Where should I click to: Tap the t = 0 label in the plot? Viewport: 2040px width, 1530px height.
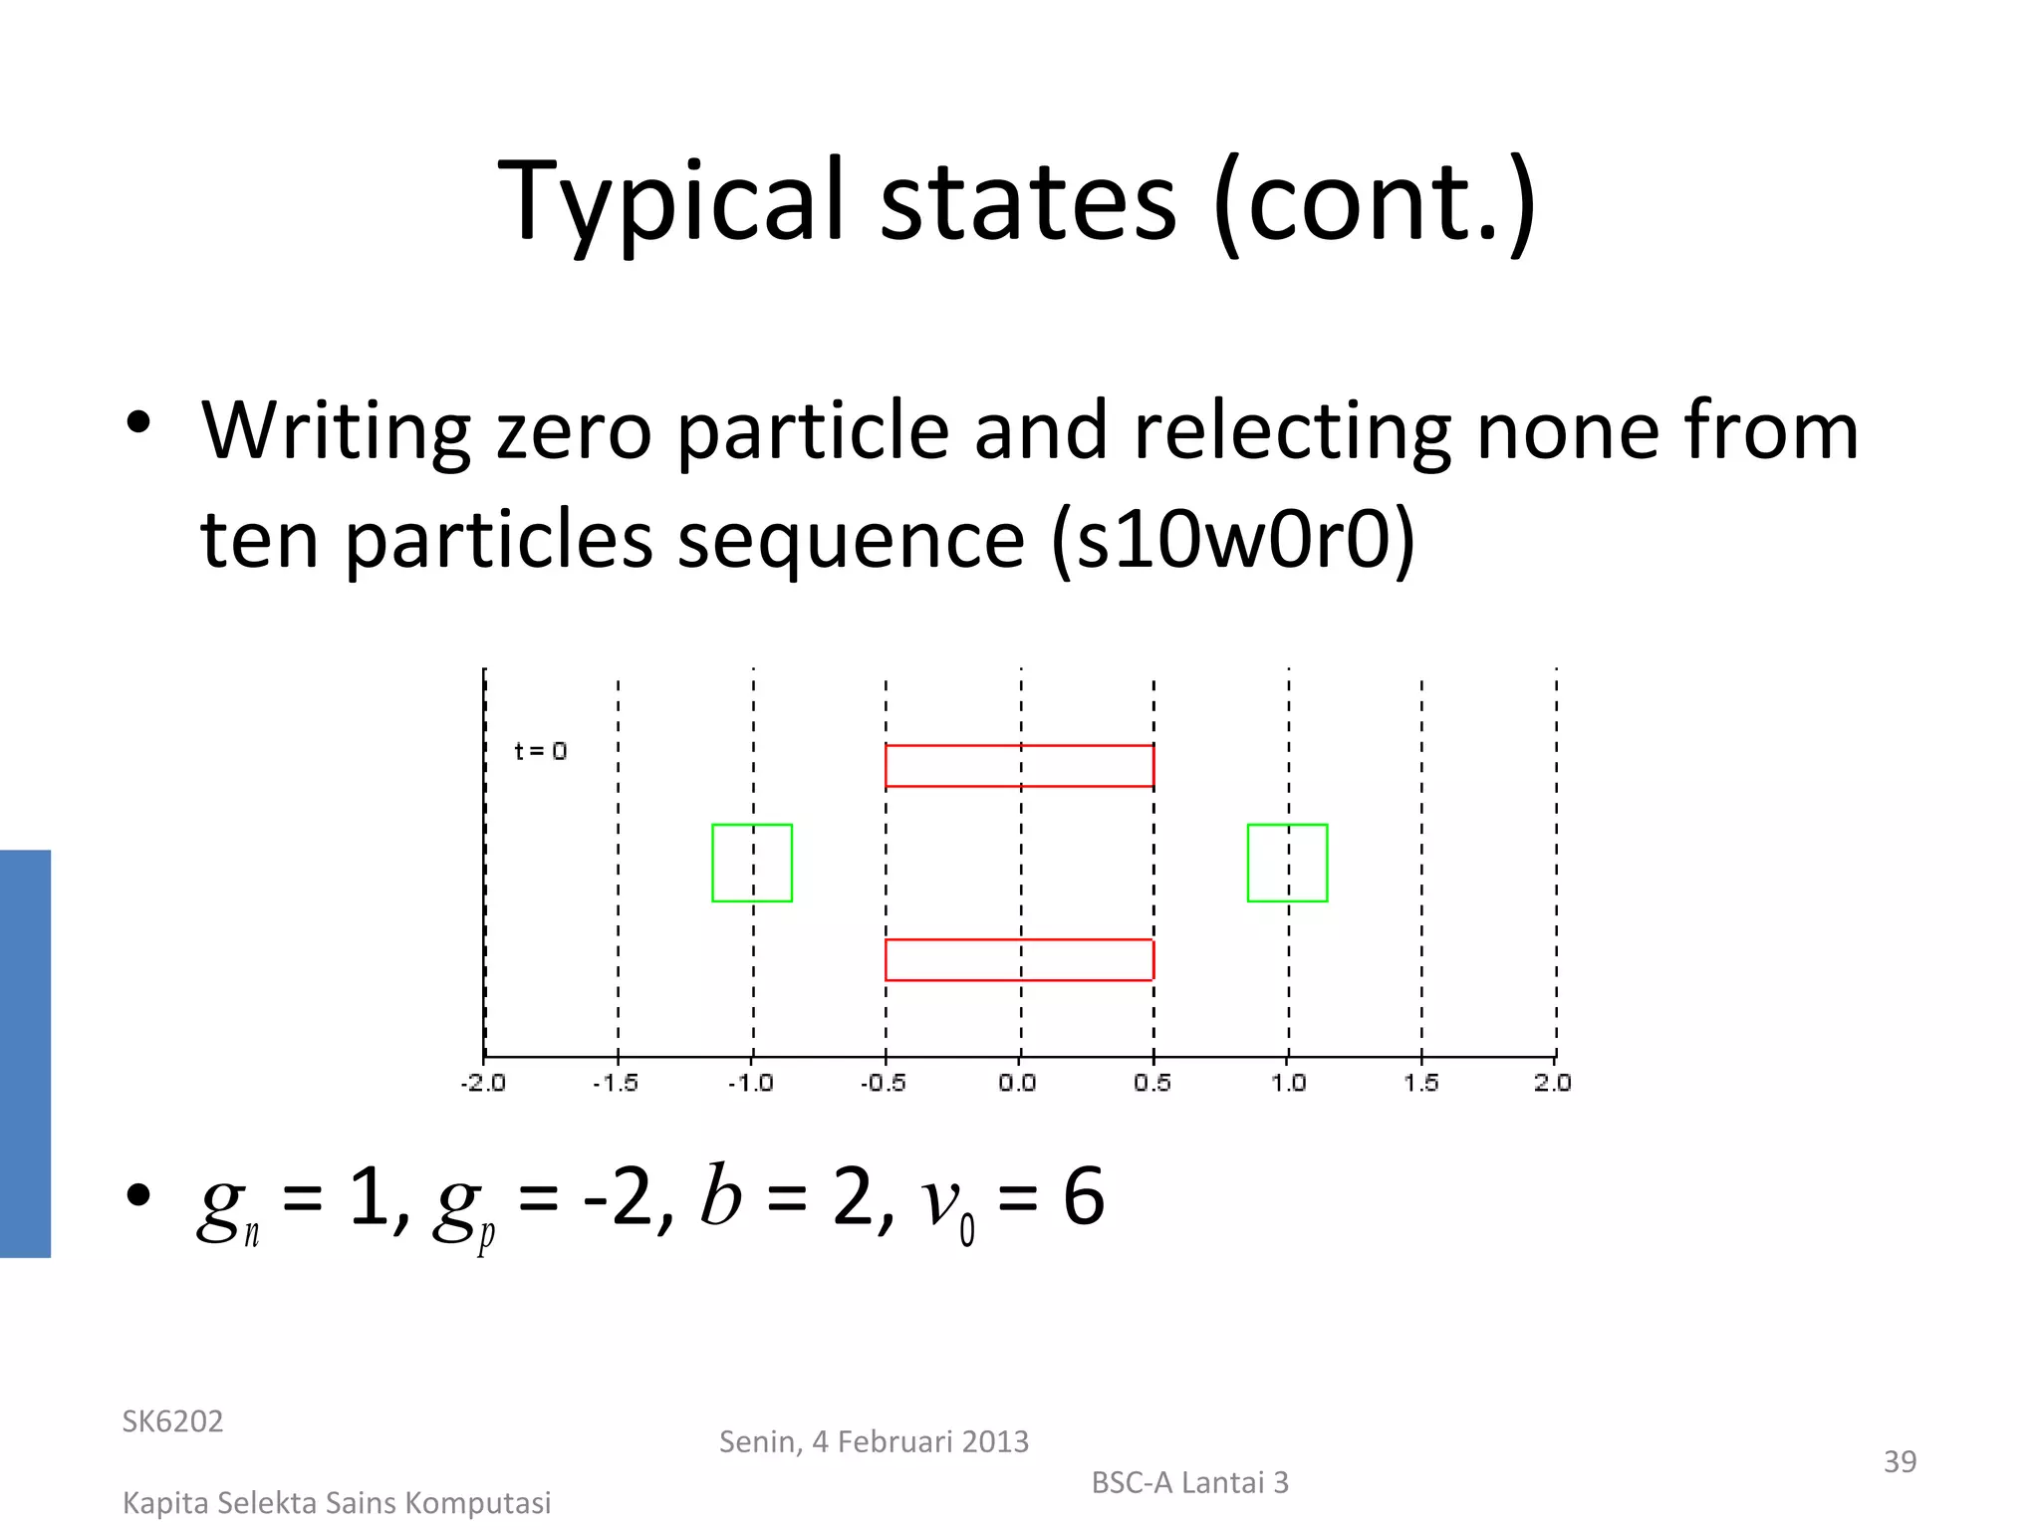540,751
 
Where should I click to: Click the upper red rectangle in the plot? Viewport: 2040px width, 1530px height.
1019,766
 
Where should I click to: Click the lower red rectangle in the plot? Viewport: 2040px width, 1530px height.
1019,960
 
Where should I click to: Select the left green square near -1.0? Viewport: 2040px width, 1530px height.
752,863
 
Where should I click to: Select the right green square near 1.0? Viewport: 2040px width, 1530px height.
1287,863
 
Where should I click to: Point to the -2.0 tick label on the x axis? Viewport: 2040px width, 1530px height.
483,1083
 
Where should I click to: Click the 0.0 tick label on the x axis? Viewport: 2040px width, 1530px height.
1018,1083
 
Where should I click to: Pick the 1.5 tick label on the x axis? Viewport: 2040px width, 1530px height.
1421,1083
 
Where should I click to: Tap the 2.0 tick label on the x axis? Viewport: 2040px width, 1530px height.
1553,1083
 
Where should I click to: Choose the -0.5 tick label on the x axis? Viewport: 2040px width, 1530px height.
884,1083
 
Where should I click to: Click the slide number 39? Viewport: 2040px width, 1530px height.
1900,1461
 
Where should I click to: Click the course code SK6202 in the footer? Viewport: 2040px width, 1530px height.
172,1421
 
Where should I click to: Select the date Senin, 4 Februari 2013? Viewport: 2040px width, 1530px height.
874,1441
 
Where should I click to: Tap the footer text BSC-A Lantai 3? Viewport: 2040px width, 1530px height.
1189,1483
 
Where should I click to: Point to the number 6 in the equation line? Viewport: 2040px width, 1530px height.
1084,1197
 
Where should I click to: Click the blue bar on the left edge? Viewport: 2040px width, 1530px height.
25,1053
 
